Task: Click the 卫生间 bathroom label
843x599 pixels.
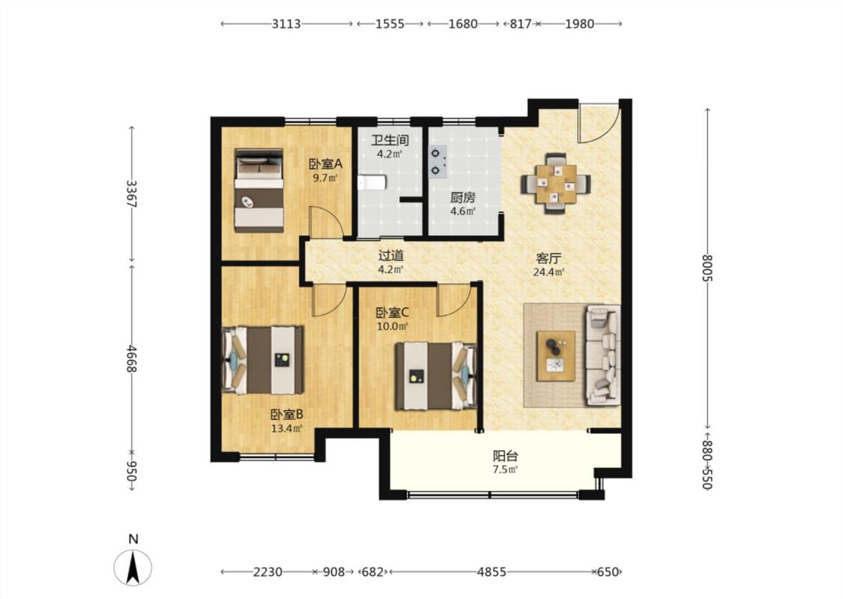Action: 390,141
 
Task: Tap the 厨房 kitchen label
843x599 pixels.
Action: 463,198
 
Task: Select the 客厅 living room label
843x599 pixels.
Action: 549,258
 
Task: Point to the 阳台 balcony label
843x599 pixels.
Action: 505,457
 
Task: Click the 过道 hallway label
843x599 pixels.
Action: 390,256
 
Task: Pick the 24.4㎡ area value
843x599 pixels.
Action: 549,273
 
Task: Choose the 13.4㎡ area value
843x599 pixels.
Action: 286,428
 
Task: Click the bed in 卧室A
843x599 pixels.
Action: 259,190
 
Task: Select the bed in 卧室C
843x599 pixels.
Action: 436,377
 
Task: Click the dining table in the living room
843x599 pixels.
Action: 556,183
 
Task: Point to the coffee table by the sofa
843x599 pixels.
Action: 556,356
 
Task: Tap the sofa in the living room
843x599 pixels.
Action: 602,355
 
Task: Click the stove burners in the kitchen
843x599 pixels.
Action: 436,162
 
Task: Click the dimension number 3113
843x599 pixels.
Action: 286,24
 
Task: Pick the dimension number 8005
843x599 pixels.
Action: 707,267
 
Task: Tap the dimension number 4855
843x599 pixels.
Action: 492,572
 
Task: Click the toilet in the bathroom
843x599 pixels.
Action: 372,183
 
